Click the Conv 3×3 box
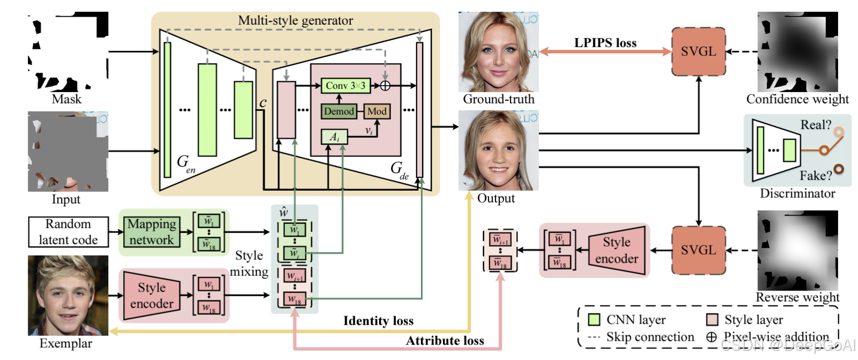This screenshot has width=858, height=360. (x=345, y=86)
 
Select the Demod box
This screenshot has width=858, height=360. (x=339, y=111)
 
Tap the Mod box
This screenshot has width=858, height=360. (x=377, y=111)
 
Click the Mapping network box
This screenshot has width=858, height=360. (x=152, y=232)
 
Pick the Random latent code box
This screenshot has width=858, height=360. (x=68, y=232)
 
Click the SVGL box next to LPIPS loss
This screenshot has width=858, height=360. (x=698, y=51)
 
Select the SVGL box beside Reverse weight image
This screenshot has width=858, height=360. (x=698, y=250)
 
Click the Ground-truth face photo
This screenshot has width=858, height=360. (x=499, y=52)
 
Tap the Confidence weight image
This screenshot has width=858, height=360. (x=797, y=52)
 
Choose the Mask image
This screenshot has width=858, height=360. (x=68, y=52)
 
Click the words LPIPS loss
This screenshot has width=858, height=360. (x=605, y=43)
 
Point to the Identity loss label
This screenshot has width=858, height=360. (x=378, y=321)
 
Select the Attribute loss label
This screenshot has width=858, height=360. (x=445, y=341)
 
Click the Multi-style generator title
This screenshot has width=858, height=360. (x=296, y=20)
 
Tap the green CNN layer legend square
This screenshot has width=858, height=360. (x=594, y=320)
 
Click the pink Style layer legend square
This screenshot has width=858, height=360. (x=712, y=320)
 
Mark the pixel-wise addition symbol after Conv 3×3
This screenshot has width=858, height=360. (x=385, y=86)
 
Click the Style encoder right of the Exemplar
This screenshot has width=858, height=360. (x=152, y=296)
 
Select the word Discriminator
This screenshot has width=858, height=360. (x=797, y=193)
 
